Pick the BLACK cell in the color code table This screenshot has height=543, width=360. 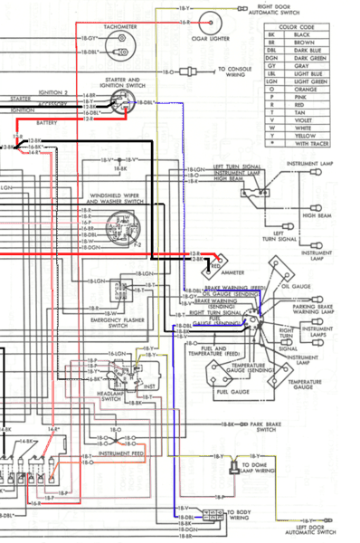click(320, 38)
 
